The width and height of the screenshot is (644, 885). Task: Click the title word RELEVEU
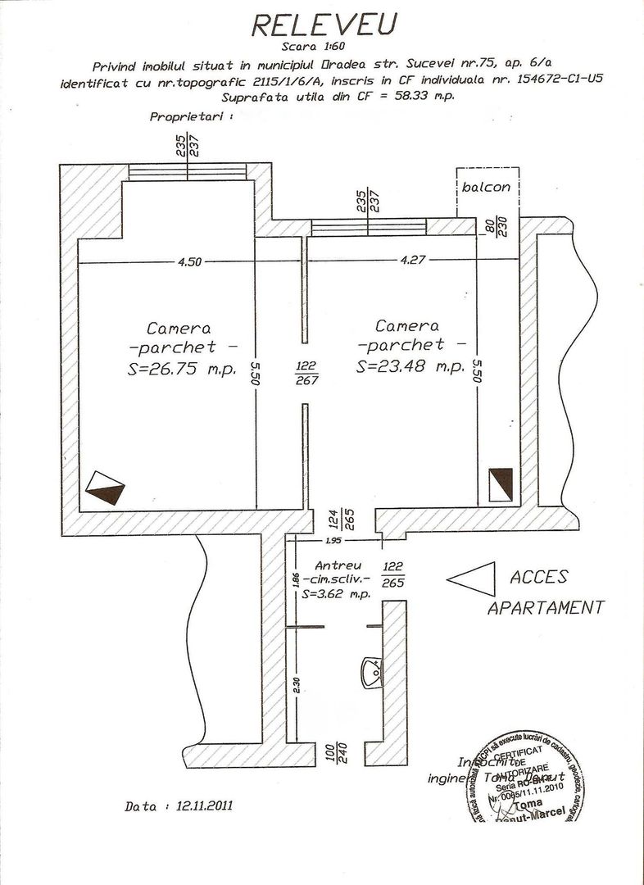tap(324, 25)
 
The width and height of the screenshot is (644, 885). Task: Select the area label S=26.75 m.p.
tap(182, 369)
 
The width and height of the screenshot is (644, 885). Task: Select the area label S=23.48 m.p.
tap(410, 367)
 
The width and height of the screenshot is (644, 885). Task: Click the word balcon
tap(485, 187)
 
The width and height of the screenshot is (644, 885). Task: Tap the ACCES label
tap(538, 577)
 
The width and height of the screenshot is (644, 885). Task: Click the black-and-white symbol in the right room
tap(500, 483)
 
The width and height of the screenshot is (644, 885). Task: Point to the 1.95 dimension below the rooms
tap(333, 541)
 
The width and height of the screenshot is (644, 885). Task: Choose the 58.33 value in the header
tap(388, 96)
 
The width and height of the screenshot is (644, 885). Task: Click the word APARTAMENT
tap(546, 608)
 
